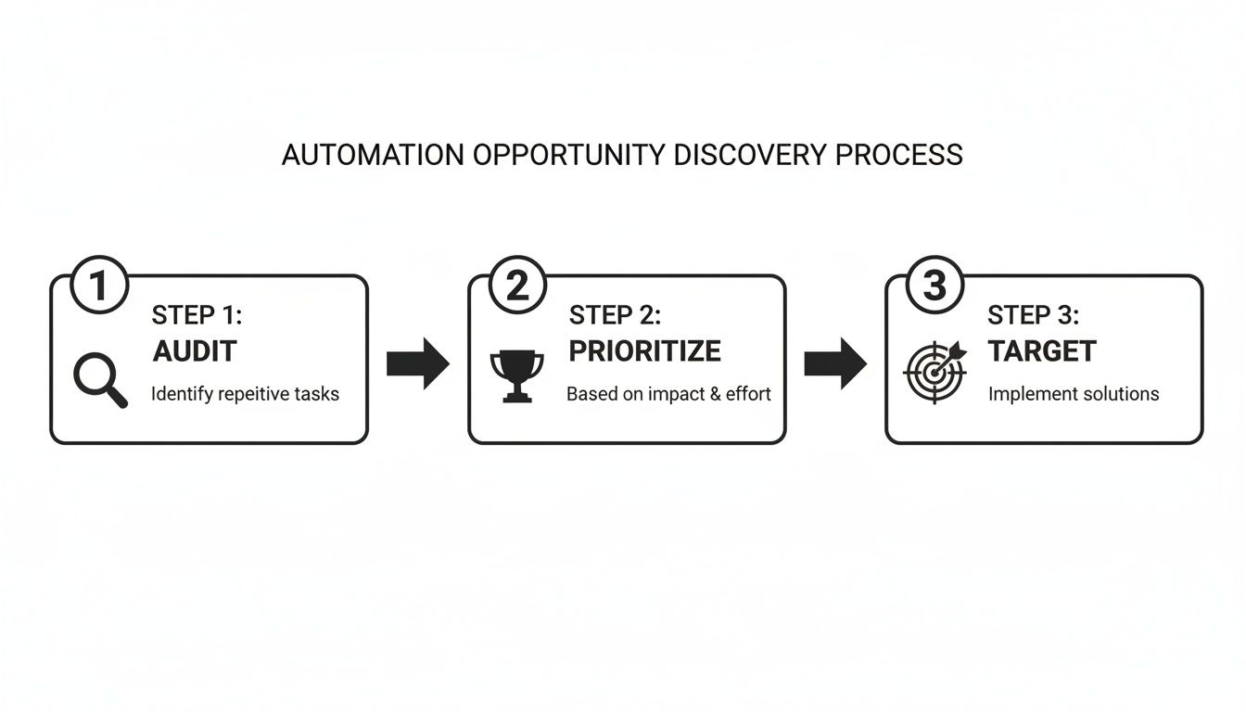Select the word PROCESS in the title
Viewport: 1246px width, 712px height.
click(x=898, y=155)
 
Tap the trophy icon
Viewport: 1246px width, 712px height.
click(x=516, y=375)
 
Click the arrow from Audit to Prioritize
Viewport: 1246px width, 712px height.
click(x=417, y=362)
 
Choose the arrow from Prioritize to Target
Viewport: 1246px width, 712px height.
click(x=834, y=362)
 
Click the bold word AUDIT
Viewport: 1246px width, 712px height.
click(x=194, y=351)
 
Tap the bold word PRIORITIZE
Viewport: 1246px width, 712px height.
click(x=644, y=351)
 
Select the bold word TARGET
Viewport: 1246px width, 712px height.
click(x=1041, y=351)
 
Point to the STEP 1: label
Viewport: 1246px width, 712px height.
click(x=197, y=315)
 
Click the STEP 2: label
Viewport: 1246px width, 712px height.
click(x=615, y=315)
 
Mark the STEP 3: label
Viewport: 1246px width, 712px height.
click(x=1033, y=315)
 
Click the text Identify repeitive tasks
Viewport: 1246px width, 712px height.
click(x=245, y=394)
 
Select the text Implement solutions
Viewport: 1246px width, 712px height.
click(x=1073, y=394)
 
